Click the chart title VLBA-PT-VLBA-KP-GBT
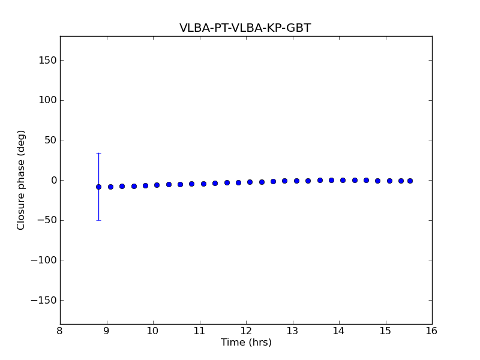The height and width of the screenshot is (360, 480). tap(245, 28)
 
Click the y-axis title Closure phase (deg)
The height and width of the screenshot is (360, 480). tap(22, 180)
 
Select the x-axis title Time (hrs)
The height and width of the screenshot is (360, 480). tap(246, 343)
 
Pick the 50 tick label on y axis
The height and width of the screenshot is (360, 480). tap(49, 140)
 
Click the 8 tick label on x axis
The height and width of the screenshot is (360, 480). tap(60, 331)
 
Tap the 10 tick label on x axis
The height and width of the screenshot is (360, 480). tap(153, 331)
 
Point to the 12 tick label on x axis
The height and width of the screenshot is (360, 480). tap(246, 331)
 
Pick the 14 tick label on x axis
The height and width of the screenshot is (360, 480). tap(339, 331)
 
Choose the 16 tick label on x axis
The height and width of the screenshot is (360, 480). tap(432, 331)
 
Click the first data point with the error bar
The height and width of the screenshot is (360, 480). tap(98, 187)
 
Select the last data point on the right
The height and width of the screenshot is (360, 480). tap(410, 181)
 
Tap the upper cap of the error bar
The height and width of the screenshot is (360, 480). tap(98, 153)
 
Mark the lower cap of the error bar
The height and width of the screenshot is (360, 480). tap(98, 220)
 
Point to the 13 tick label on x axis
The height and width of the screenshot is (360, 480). tap(292, 331)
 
